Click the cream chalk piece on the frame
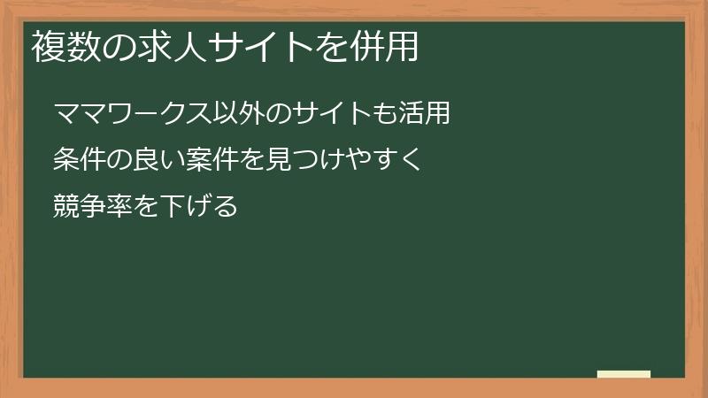tap(624, 374)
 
